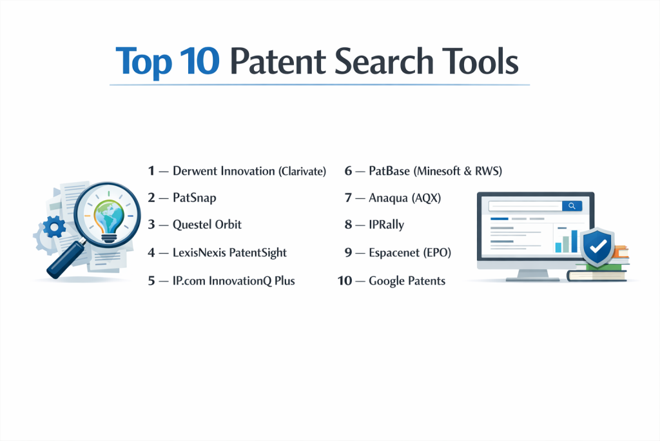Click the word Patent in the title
(x=278, y=61)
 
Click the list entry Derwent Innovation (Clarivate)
(x=249, y=170)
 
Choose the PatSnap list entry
(x=195, y=198)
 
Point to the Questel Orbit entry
(x=207, y=224)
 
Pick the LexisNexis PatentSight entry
(x=229, y=252)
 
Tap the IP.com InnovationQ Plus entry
(x=233, y=281)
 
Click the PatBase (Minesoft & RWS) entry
(x=435, y=170)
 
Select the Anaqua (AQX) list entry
(x=405, y=198)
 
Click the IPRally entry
(x=387, y=225)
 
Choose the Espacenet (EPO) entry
(x=410, y=252)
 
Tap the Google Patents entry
(x=407, y=281)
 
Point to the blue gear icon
(x=55, y=227)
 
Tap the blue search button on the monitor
(x=572, y=206)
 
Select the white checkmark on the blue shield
(x=597, y=246)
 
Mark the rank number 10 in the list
(x=345, y=281)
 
